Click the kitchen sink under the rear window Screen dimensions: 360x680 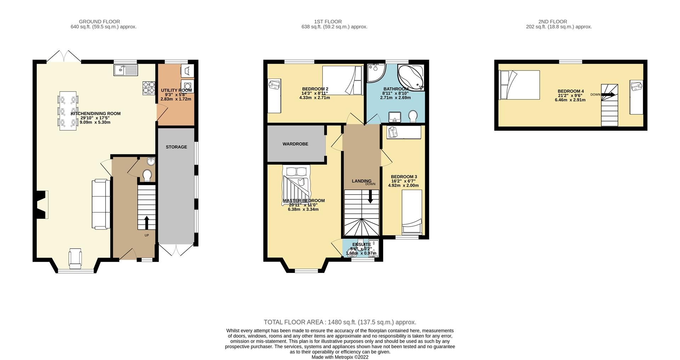pyautogui.click(x=125, y=70)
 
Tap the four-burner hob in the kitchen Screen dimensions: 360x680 pyautogui.click(x=149, y=88)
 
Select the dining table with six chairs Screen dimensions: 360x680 pyautogui.click(x=68, y=111)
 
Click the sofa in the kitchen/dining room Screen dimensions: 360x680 pyautogui.click(x=101, y=204)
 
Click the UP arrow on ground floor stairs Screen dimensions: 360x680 pyautogui.click(x=147, y=223)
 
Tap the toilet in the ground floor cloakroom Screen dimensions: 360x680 pyautogui.click(x=147, y=175)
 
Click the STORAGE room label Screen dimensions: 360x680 pyautogui.click(x=176, y=147)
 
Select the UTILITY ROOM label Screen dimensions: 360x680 pyautogui.click(x=176, y=90)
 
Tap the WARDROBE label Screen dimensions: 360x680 pyautogui.click(x=295, y=144)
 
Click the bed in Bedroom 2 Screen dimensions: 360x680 pyautogui.click(x=342, y=80)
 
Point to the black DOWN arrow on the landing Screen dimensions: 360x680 pyautogui.click(x=370, y=196)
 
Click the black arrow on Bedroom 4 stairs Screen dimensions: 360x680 pyautogui.click(x=609, y=95)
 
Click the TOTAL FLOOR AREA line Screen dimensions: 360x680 pyautogui.click(x=340, y=322)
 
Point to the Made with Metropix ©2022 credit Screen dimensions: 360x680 pyautogui.click(x=340, y=357)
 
